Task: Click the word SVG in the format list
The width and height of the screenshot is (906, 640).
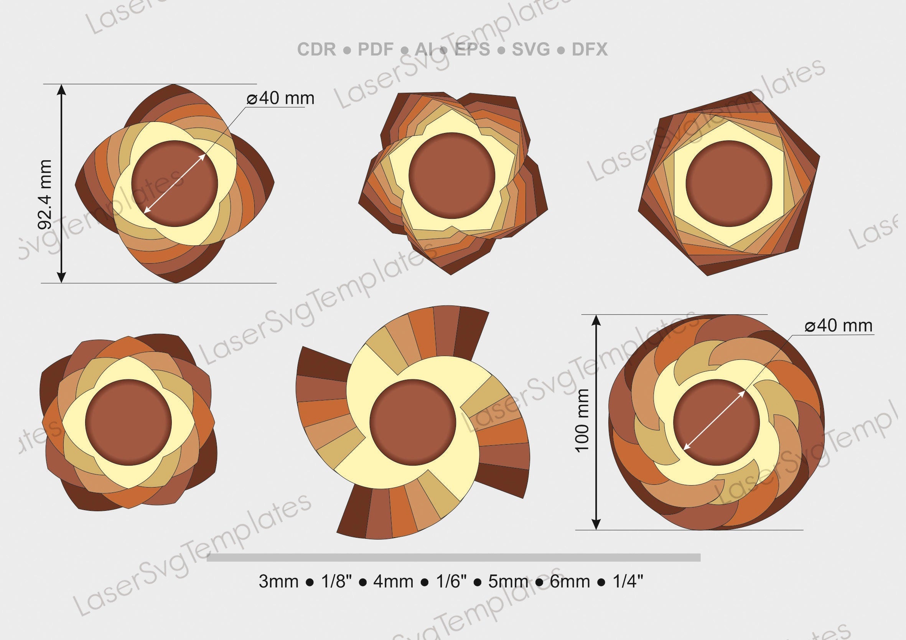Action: [531, 50]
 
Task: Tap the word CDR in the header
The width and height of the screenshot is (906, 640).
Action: [316, 50]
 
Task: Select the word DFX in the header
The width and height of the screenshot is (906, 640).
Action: [590, 50]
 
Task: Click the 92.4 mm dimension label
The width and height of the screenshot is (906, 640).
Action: [44, 195]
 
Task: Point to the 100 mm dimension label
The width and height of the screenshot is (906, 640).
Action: [582, 421]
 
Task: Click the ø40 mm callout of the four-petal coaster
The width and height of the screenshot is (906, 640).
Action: [280, 98]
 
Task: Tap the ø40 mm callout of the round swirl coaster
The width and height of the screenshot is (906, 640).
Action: [838, 326]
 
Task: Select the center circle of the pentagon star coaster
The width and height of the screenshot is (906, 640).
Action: [452, 176]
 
